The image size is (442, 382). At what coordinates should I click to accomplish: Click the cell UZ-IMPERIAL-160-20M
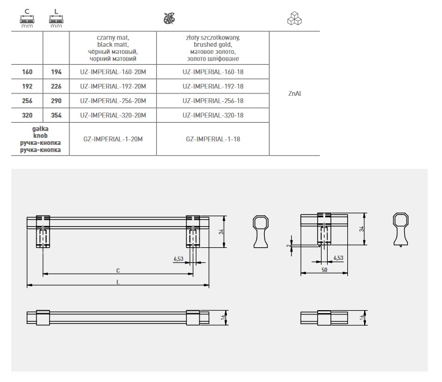(x=113, y=72)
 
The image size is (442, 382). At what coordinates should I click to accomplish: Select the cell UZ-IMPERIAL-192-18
(x=213, y=86)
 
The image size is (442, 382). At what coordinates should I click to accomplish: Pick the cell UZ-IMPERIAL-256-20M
(x=113, y=101)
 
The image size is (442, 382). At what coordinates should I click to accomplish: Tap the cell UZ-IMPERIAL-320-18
(x=213, y=115)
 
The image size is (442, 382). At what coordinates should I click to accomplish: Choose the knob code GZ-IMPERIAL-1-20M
(x=113, y=139)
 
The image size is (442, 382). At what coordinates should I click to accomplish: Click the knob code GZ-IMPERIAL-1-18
(x=213, y=139)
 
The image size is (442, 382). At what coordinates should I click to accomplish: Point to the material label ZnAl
(x=295, y=93)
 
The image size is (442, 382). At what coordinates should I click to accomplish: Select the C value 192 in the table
(x=27, y=86)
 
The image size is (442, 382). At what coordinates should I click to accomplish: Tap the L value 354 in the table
(x=56, y=115)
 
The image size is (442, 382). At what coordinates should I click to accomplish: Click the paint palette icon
(x=169, y=19)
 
